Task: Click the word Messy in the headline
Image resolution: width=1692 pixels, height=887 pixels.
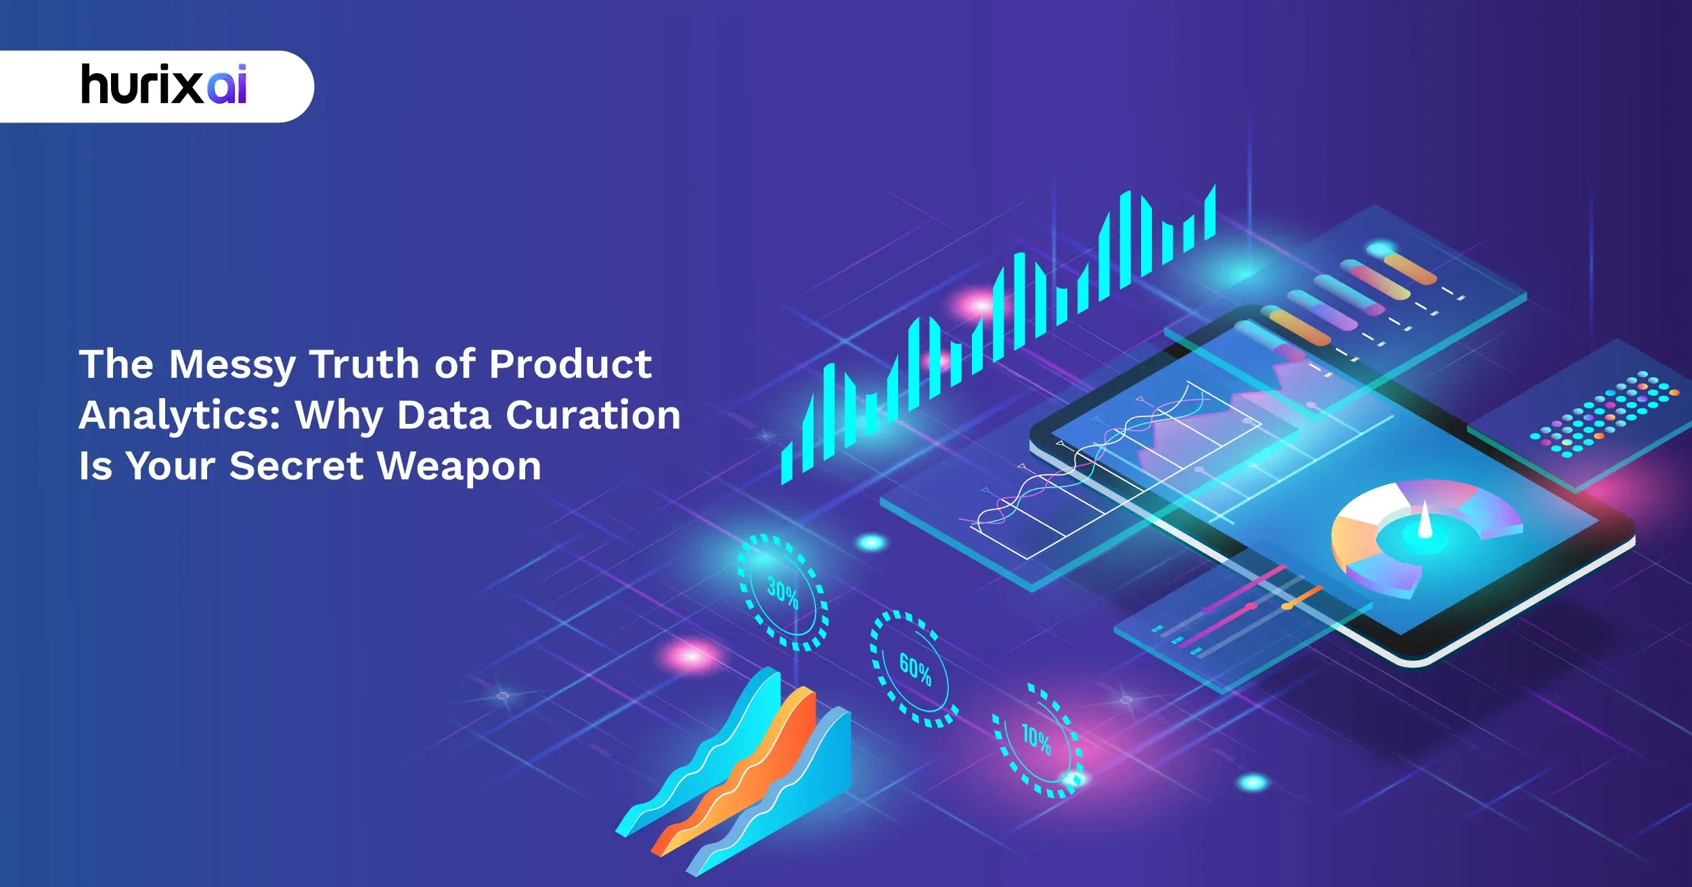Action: (x=232, y=366)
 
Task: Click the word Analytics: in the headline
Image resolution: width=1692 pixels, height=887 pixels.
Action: (x=179, y=416)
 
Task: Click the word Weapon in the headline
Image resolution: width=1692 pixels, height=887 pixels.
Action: (x=460, y=467)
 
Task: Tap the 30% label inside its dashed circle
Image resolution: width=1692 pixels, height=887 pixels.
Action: (x=783, y=593)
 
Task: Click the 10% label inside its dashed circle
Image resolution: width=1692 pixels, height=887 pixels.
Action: (x=1036, y=739)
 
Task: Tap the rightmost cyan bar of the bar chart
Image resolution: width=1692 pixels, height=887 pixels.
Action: (x=1210, y=213)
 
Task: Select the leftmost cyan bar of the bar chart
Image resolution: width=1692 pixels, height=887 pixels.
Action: (x=786, y=464)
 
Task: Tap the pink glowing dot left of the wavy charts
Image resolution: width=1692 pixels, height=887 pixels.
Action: (x=690, y=655)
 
